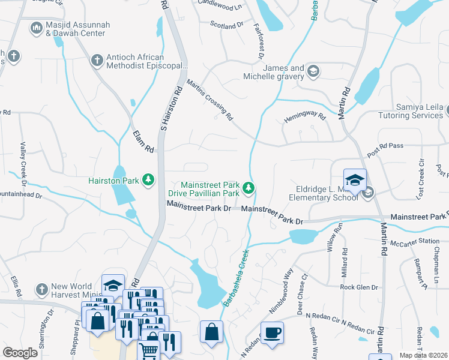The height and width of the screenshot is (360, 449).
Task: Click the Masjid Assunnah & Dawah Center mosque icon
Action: pyautogui.click(x=36, y=28)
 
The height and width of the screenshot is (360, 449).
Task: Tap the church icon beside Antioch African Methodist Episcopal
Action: pyautogui.click(x=97, y=60)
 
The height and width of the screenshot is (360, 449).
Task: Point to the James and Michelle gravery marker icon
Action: pyautogui.click(x=313, y=72)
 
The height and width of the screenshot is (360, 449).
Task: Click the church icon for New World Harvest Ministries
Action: pyautogui.click(x=41, y=288)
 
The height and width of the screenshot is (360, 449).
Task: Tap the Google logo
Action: pyautogui.click(x=20, y=353)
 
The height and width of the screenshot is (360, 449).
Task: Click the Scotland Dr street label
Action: pyautogui.click(x=226, y=25)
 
